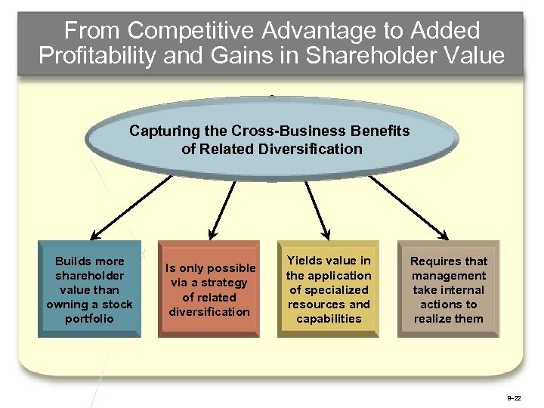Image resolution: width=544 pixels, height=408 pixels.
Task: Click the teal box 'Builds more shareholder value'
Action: click(89, 289)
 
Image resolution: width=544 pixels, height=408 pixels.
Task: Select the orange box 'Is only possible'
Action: click(209, 289)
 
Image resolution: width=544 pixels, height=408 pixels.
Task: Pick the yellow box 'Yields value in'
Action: click(329, 289)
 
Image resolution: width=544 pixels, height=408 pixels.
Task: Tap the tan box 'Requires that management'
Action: click(449, 289)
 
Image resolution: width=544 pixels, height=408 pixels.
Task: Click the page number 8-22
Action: click(523, 397)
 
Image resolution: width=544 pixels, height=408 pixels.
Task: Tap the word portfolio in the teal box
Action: click(89, 318)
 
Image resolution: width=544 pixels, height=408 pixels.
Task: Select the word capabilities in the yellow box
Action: click(329, 318)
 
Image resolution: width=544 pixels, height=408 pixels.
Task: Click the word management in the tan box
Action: click(449, 275)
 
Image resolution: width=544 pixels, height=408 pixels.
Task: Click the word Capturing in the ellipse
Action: click(162, 131)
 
